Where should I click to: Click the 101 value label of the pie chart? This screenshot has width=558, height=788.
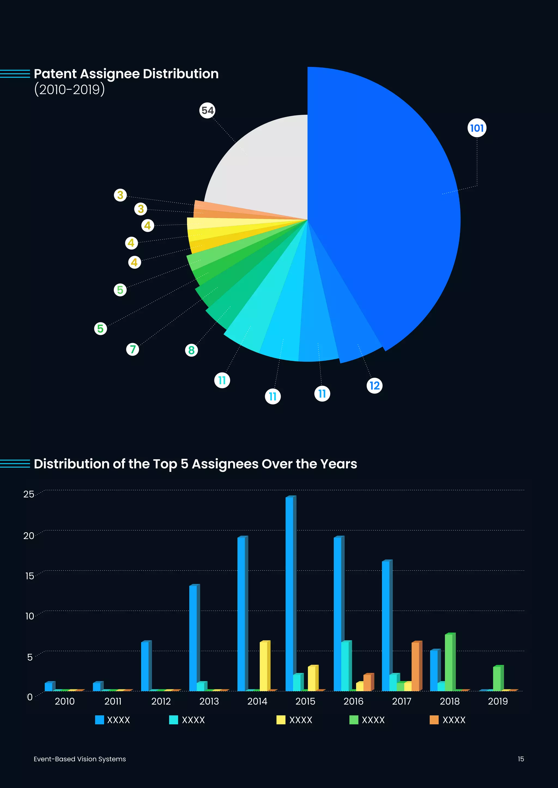(477, 128)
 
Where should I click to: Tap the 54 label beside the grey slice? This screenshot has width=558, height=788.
(207, 110)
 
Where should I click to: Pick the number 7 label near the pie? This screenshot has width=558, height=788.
(133, 349)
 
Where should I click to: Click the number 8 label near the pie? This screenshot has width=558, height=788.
(191, 350)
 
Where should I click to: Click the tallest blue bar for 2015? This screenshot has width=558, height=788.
(289, 594)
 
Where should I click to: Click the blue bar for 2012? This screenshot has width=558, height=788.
(145, 666)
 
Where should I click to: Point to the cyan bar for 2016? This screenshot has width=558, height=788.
(345, 666)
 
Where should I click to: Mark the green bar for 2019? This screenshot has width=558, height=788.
(497, 679)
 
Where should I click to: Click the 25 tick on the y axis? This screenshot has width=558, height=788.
(29, 494)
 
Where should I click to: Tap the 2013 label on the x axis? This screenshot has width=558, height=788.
(209, 701)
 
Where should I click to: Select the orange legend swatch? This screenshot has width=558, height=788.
(434, 720)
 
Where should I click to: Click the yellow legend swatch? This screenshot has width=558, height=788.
(281, 720)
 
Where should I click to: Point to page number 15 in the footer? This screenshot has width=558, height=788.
(521, 759)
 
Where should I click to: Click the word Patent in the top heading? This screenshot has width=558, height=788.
(55, 74)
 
